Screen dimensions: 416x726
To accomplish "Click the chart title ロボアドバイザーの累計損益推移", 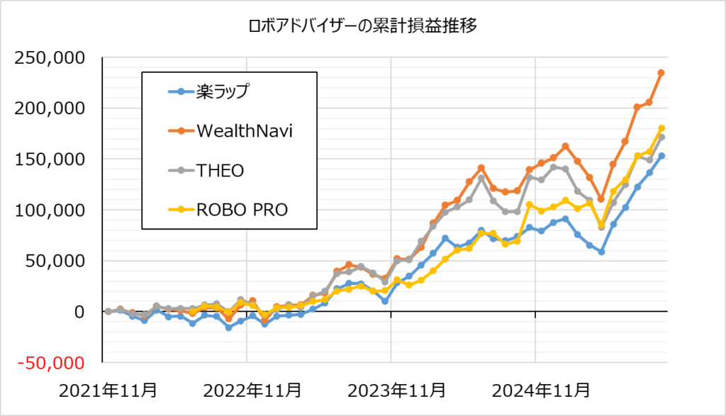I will point(362,27).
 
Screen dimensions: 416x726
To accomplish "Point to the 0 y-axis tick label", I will point(79,312).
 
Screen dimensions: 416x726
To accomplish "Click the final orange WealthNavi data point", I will point(661,73).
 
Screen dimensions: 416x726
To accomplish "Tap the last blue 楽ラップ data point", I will point(661,156).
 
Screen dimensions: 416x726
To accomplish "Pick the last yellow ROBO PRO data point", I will point(661,128).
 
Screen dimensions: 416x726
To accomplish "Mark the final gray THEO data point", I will point(661,137).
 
